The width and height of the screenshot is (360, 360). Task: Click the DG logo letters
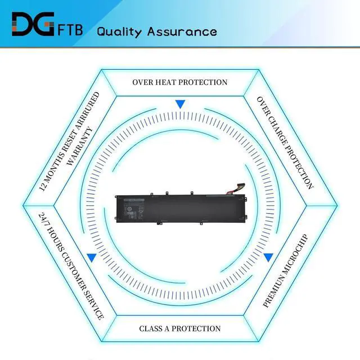33,24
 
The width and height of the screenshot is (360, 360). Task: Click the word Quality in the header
119,31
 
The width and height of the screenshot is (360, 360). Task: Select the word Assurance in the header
182,31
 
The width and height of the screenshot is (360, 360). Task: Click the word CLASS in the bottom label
152,328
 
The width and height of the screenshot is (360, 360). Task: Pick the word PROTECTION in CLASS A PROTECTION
199,328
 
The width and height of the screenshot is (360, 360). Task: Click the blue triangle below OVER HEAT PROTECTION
180,105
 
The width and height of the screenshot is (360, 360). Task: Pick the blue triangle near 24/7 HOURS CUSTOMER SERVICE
92,257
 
